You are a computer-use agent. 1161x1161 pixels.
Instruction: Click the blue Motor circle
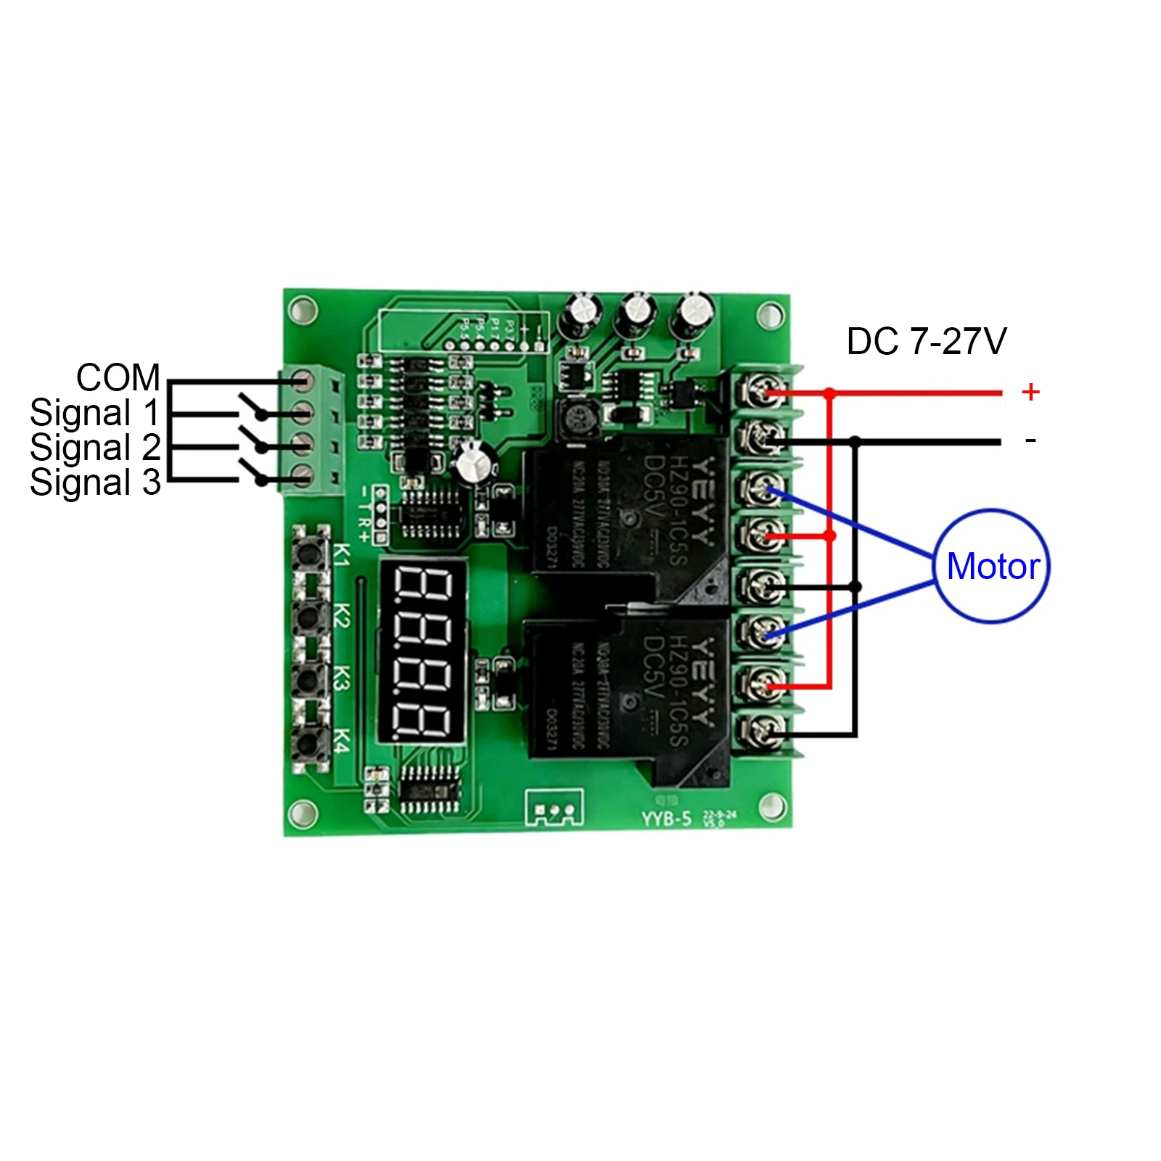991,566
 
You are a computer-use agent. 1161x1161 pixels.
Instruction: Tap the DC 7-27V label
927,342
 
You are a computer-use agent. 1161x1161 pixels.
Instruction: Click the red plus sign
1030,392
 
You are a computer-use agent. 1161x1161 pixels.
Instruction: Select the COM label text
118,377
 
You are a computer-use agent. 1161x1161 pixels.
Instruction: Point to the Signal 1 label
94,413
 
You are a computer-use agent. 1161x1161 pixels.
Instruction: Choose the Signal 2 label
95,448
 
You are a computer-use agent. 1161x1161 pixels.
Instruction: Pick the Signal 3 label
95,483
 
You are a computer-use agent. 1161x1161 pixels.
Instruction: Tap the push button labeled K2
310,617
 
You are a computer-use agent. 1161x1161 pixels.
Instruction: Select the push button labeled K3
310,680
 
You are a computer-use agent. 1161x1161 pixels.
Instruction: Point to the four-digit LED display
422,652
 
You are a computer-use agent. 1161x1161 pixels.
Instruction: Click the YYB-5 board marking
665,819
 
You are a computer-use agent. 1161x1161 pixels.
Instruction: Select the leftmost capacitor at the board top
584,313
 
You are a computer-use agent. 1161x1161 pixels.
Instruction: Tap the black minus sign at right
1030,440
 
